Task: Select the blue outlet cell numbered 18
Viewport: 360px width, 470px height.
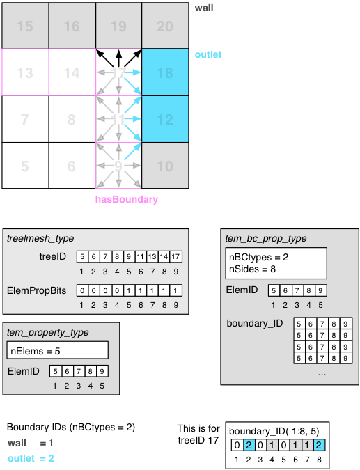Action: [165, 72]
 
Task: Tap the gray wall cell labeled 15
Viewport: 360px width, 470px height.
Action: [25, 26]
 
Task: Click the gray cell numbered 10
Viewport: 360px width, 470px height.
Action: [165, 166]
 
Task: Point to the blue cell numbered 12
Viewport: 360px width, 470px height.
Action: [165, 120]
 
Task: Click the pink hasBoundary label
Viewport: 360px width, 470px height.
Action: [127, 200]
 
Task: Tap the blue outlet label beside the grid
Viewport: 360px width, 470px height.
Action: [208, 54]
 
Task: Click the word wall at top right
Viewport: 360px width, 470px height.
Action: [205, 7]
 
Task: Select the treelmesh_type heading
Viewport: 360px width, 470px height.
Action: [40, 239]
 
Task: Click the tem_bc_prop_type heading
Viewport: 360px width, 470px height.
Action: [266, 239]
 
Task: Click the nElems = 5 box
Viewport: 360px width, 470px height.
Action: [58, 351]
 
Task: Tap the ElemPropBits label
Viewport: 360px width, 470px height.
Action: [37, 290]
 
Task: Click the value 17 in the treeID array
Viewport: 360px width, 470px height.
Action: [176, 257]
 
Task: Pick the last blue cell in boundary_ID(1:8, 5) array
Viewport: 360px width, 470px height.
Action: [318, 446]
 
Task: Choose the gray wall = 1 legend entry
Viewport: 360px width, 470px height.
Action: [31, 443]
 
